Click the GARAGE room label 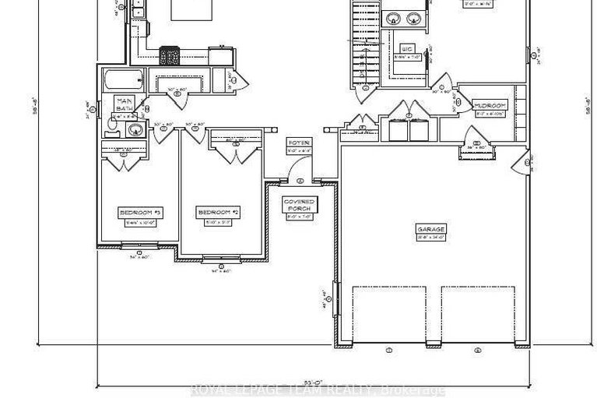coord(430,229)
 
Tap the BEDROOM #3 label coord(140,212)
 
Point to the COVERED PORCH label coord(298,205)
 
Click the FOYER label coord(300,143)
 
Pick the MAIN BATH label coord(124,104)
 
